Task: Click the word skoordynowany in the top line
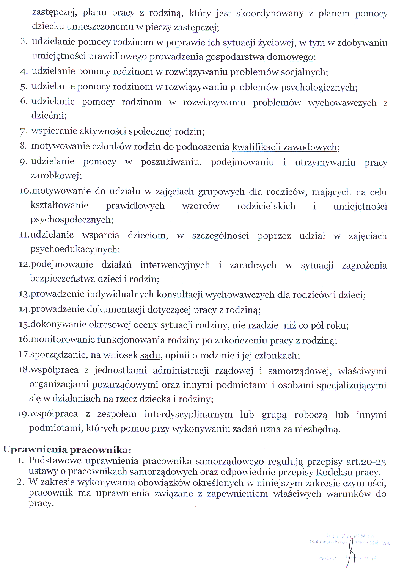pos(270,14)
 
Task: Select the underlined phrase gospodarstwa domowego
pos(260,57)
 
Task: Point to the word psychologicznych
pos(319,88)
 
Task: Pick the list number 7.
pos(24,132)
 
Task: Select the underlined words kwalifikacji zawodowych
pos(284,147)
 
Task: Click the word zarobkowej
pos(56,176)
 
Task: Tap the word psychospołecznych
pos(71,220)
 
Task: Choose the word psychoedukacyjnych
pos(75,249)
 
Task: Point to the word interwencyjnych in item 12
pos(175,265)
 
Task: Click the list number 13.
pos(24,294)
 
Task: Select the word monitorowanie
pos(63,340)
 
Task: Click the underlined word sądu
pos(150,355)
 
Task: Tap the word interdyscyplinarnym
pos(188,415)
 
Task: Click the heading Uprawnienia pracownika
pos(67,450)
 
